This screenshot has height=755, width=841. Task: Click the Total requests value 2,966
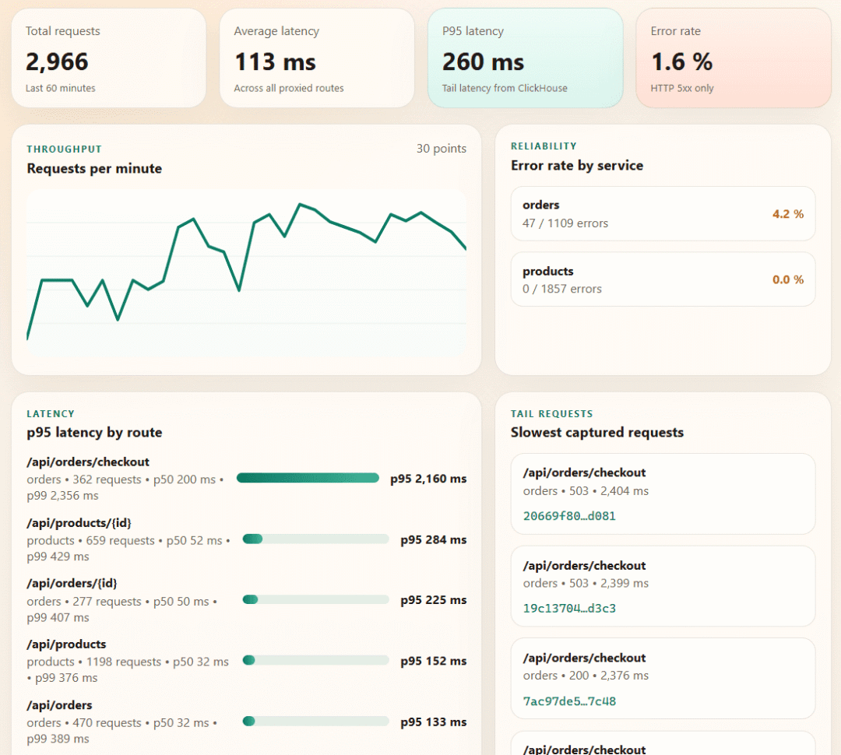click(57, 61)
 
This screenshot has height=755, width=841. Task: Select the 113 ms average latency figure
click(275, 61)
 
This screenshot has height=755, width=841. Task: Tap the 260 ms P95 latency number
click(484, 61)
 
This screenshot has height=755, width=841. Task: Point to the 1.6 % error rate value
click(681, 61)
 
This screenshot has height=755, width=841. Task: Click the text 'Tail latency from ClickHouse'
click(505, 88)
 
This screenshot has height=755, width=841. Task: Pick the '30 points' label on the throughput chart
click(442, 149)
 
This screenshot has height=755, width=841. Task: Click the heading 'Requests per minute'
click(94, 168)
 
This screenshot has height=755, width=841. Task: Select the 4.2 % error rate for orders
click(788, 214)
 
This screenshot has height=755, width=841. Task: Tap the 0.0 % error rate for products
click(788, 279)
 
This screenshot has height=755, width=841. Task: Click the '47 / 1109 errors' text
click(565, 223)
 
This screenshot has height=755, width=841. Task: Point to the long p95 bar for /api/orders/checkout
click(308, 478)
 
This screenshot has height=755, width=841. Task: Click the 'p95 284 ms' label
click(434, 539)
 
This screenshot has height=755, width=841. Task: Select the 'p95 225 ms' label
click(434, 600)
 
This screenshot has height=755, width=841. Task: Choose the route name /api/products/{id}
click(79, 523)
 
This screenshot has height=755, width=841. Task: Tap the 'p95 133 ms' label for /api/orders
click(434, 722)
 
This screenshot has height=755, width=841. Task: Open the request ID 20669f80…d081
click(569, 516)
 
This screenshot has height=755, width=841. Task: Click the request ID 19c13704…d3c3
click(569, 608)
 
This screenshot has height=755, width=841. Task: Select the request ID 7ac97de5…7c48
click(569, 701)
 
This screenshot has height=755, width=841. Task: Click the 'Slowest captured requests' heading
click(597, 432)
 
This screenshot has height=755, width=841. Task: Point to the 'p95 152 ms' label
click(434, 661)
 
